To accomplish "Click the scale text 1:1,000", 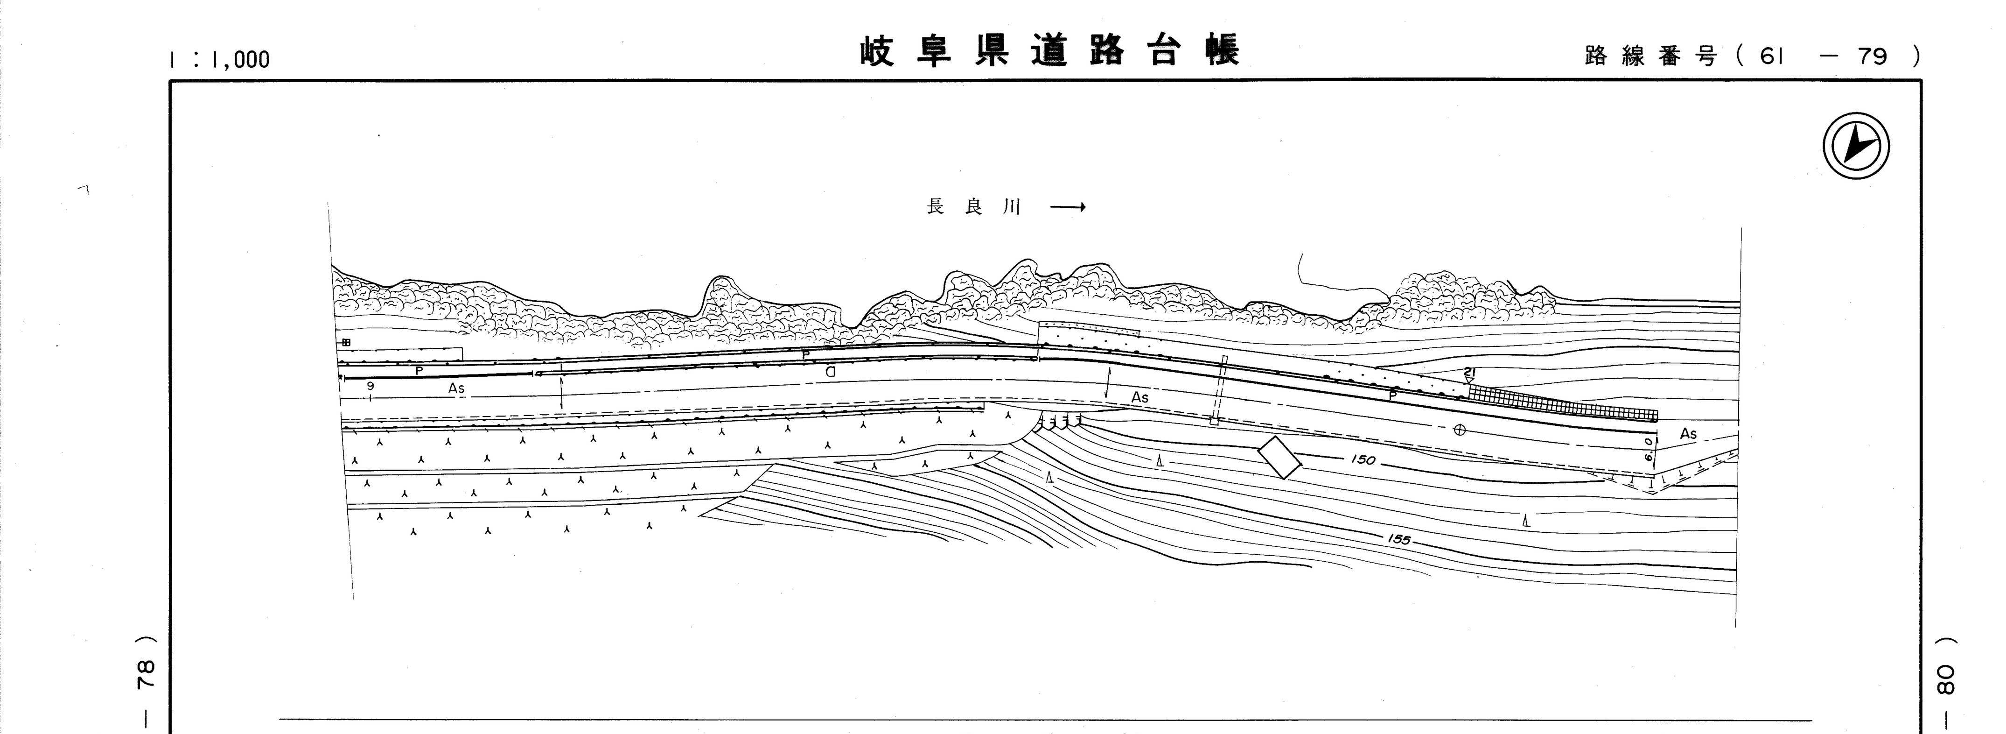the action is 220,59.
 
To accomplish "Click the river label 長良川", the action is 972,207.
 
